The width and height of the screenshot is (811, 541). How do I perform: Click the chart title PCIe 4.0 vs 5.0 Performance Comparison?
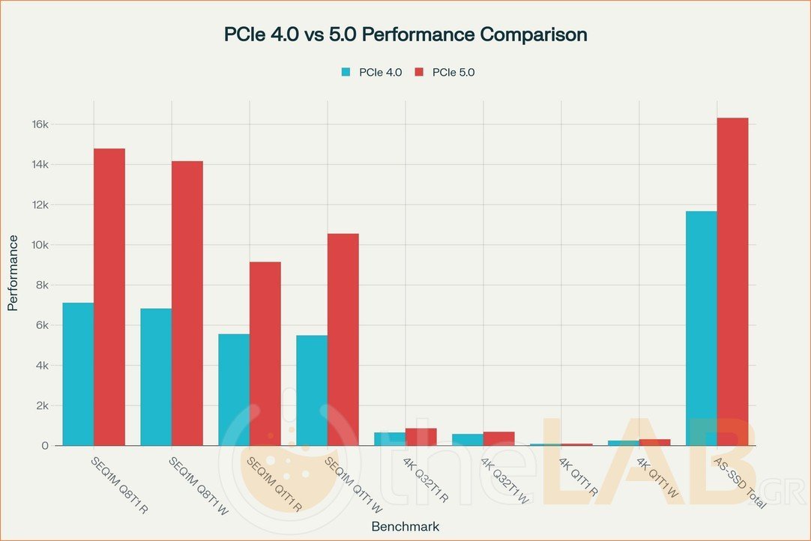[405, 34]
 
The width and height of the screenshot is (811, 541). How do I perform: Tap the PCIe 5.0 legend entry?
[444, 72]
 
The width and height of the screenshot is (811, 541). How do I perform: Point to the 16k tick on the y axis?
[39, 124]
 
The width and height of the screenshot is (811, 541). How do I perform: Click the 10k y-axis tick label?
[39, 245]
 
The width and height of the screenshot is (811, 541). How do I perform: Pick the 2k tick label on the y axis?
[41, 405]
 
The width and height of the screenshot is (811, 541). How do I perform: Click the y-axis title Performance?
[13, 273]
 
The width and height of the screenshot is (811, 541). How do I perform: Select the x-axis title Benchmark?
[405, 526]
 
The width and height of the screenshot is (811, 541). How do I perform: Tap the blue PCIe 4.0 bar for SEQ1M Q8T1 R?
[78, 374]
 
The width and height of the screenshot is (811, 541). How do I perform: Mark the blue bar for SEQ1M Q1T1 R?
[234, 390]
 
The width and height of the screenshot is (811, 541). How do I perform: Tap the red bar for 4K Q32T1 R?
[421, 437]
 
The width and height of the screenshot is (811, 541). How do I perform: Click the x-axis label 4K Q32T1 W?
[505, 480]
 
